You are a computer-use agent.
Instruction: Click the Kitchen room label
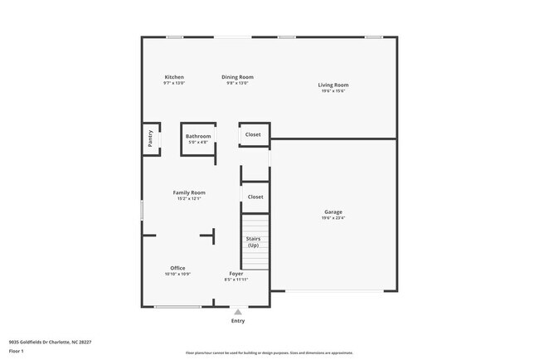tap(174, 77)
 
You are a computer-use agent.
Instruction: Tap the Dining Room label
tap(237, 77)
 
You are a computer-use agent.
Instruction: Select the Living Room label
tap(333, 85)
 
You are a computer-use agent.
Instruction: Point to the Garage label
tap(333, 212)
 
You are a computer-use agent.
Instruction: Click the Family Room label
tap(189, 192)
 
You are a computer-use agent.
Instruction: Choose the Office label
tap(177, 268)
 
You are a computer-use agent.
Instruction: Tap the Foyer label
tap(236, 273)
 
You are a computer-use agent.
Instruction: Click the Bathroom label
tap(198, 136)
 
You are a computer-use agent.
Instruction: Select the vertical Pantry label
tap(150, 139)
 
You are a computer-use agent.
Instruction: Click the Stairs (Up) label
tap(253, 241)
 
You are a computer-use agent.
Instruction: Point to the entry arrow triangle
tap(238, 312)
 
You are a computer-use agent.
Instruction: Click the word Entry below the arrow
tap(238, 321)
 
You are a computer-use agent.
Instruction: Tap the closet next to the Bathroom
tap(253, 134)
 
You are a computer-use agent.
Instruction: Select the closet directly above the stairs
tap(255, 197)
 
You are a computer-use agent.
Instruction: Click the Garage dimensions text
tap(333, 218)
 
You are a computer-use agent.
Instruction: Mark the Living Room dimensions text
tap(333, 90)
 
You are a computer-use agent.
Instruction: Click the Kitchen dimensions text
tap(174, 83)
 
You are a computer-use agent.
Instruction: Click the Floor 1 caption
tap(17, 351)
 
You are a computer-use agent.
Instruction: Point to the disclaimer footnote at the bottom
tap(269, 353)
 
